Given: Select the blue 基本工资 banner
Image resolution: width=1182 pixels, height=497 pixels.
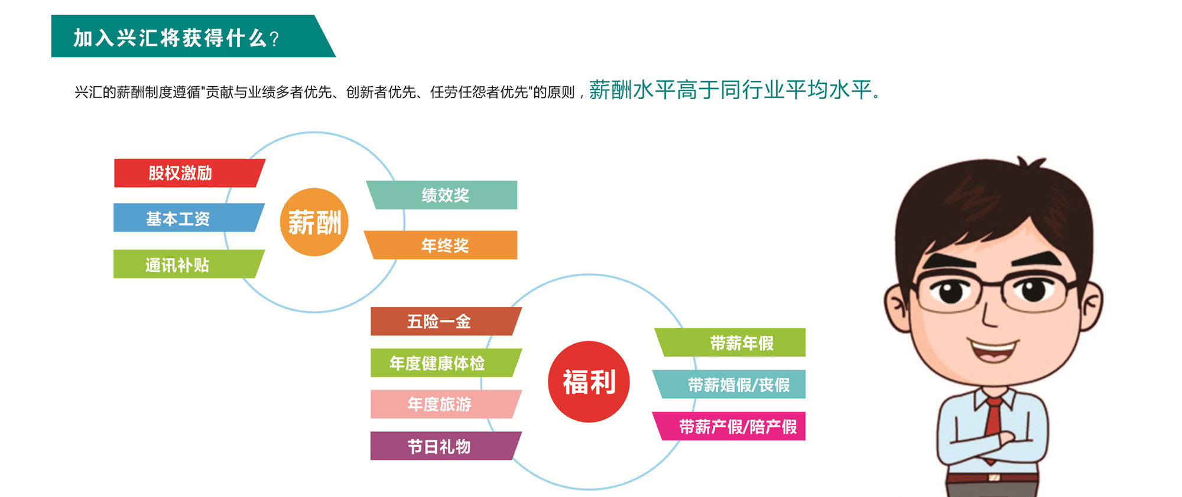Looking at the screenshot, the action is [x=189, y=218].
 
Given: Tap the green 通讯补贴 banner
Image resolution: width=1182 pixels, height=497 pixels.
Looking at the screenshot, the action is [x=189, y=264].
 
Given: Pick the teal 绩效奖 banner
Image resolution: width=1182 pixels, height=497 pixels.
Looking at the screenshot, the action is [x=442, y=195].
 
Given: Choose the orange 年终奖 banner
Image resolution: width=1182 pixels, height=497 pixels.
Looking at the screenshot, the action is [x=441, y=245].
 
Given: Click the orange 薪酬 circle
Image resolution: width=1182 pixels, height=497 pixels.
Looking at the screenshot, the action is [x=314, y=222].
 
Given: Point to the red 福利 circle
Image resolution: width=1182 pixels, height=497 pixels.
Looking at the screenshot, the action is [x=589, y=382].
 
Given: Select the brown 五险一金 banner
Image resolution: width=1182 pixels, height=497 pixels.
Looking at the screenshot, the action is [x=446, y=321].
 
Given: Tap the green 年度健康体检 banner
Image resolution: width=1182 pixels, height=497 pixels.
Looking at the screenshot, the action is [x=446, y=362].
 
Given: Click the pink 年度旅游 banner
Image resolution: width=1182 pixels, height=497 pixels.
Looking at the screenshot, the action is [x=446, y=404].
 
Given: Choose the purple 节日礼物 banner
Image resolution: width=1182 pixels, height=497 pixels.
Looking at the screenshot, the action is [x=446, y=446].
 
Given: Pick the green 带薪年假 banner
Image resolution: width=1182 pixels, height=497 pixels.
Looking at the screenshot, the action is [x=730, y=342].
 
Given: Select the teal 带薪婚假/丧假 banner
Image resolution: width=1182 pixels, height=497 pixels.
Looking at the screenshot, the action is [x=729, y=384].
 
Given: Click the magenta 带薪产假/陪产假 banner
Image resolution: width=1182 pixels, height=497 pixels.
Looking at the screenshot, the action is [x=729, y=426].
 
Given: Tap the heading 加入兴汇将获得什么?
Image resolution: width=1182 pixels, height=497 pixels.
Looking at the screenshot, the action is [x=176, y=38].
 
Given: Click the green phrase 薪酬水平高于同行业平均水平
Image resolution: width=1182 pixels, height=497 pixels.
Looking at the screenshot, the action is [x=730, y=90].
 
